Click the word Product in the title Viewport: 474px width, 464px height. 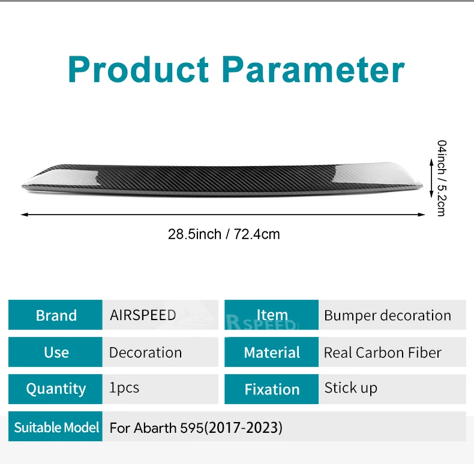tap(138, 70)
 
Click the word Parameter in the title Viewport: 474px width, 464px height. tap(313, 70)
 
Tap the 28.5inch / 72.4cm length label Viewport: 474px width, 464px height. tap(224, 234)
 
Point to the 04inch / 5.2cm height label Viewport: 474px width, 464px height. tap(442, 178)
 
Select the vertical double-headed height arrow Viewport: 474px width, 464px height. tap(431, 178)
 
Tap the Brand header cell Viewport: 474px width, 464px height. tap(55, 315)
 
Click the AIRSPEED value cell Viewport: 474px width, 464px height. tap(160, 315)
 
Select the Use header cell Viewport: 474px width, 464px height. tap(55, 352)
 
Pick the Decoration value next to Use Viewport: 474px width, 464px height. tap(145, 352)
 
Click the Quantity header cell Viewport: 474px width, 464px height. tap(55, 389)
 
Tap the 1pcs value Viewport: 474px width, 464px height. tap(124, 388)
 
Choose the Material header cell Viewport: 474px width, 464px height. tap(271, 352)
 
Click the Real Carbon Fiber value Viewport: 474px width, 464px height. tap(382, 352)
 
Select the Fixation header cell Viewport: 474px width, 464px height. tap(271, 389)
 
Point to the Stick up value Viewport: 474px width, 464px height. tap(350, 388)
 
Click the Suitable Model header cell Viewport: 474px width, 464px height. tap(55, 426)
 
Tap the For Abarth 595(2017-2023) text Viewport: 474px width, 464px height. tap(196, 428)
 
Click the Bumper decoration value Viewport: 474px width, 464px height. tap(388, 315)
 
